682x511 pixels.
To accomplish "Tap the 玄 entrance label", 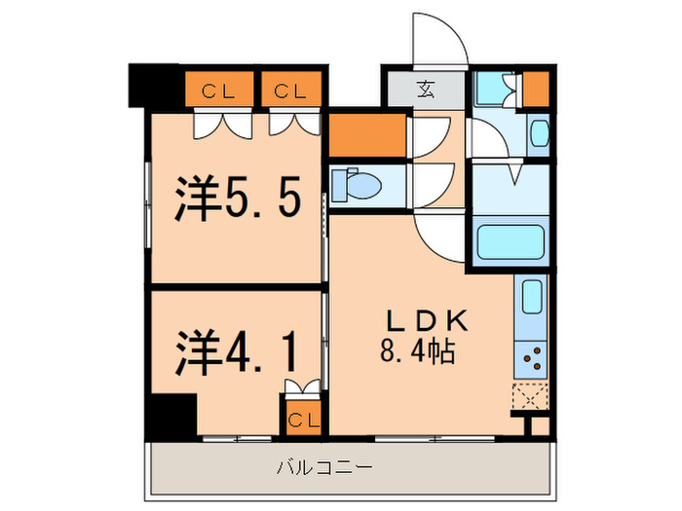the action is click(x=426, y=91).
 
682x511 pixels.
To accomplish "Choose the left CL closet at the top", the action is click(x=222, y=91).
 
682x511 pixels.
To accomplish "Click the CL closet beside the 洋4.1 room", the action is click(x=302, y=420).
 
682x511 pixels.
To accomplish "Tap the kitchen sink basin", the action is click(x=532, y=297).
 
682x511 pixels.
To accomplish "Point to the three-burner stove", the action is click(x=532, y=360).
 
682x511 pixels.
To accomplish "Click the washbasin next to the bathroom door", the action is click(x=539, y=133).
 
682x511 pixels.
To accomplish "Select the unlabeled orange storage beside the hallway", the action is click(x=366, y=135).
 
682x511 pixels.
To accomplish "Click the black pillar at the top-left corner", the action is click(x=147, y=87).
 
